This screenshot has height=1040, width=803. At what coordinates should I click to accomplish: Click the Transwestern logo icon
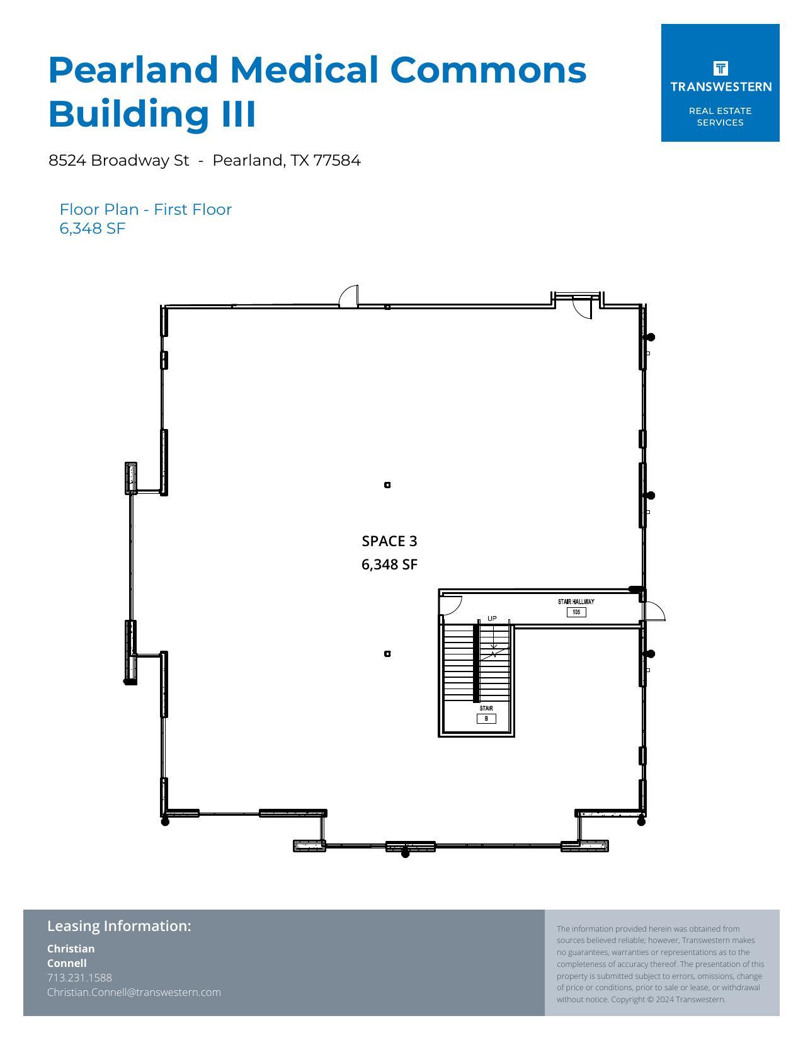pyautogui.click(x=720, y=68)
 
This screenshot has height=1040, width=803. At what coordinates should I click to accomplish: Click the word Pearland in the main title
pyautogui.click(x=134, y=69)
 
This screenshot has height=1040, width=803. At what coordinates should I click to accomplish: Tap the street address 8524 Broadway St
pyautogui.click(x=118, y=161)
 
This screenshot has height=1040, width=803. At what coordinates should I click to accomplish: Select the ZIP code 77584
pyautogui.click(x=337, y=161)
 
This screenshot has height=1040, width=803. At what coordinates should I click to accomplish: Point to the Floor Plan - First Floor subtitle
pyautogui.click(x=145, y=210)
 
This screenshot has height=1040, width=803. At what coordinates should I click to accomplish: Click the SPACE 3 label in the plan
pyautogui.click(x=389, y=541)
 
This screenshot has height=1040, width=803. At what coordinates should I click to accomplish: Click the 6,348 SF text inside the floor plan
pyautogui.click(x=389, y=564)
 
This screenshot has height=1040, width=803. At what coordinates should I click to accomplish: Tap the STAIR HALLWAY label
pyautogui.click(x=576, y=602)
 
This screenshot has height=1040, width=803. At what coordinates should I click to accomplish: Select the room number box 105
pyautogui.click(x=576, y=612)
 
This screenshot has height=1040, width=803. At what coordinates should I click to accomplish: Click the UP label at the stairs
pyautogui.click(x=492, y=619)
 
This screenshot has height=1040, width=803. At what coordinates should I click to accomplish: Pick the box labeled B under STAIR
pyautogui.click(x=486, y=719)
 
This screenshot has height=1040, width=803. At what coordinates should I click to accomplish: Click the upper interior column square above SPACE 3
pyautogui.click(x=387, y=485)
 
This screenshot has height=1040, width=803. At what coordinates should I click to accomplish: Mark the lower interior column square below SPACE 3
pyautogui.click(x=387, y=654)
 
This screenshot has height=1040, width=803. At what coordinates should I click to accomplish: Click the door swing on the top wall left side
pyautogui.click(x=349, y=296)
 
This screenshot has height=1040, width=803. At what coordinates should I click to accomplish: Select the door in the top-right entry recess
pyautogui.click(x=583, y=308)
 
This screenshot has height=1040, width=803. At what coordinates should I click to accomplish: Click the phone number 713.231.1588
pyautogui.click(x=79, y=978)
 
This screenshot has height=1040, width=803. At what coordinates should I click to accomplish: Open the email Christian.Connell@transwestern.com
pyautogui.click(x=134, y=992)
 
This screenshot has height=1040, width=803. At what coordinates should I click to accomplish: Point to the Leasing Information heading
pyautogui.click(x=119, y=926)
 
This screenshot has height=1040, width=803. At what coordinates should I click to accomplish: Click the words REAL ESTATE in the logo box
pyautogui.click(x=720, y=111)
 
